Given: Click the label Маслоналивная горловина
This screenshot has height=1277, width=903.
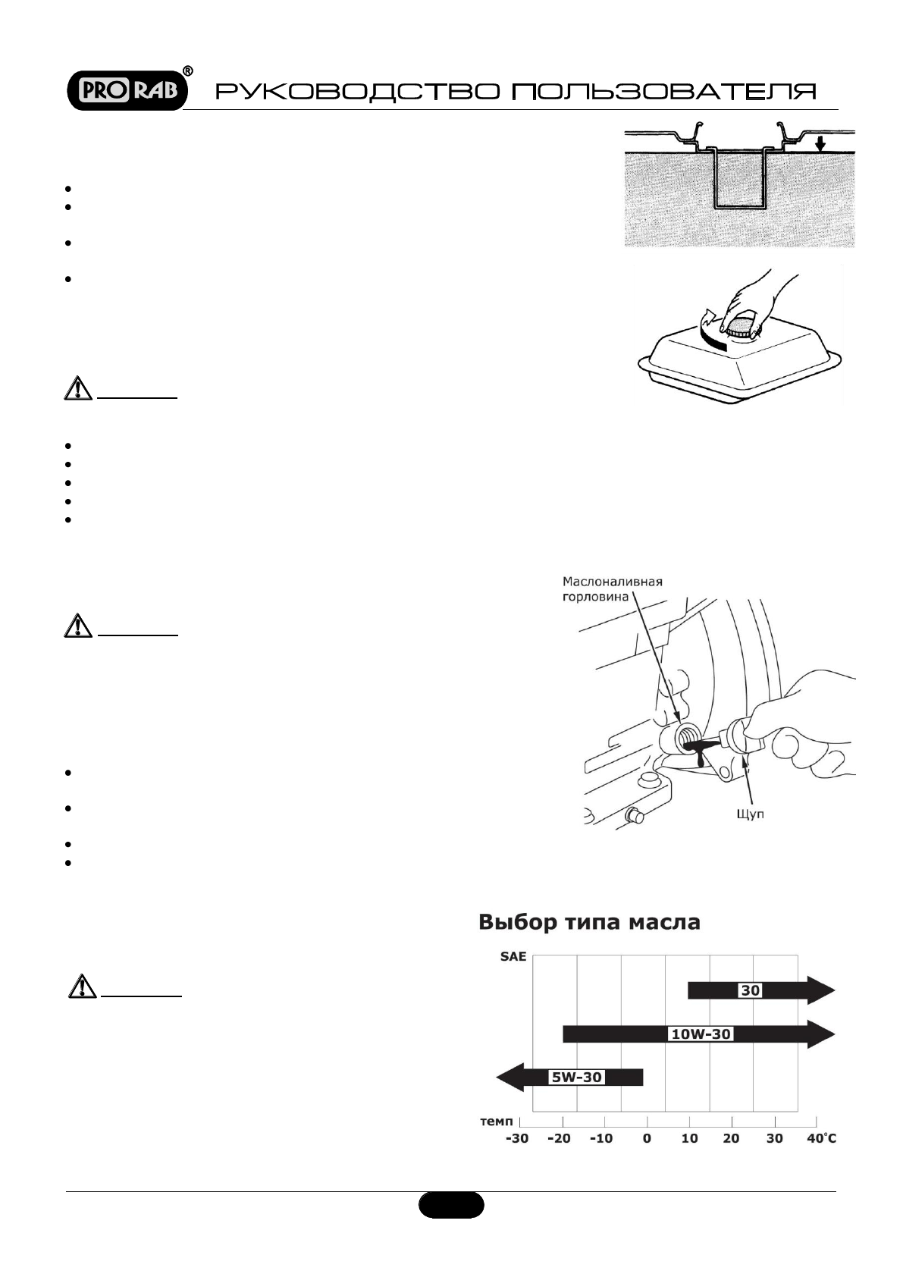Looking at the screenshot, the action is [x=613, y=588].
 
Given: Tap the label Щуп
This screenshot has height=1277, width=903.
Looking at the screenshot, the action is [x=751, y=814].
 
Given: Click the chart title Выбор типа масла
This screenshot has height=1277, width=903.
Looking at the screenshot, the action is [x=589, y=923].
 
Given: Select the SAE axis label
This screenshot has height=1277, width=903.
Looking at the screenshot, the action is [x=513, y=957].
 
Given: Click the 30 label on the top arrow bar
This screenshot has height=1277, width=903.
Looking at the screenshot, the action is [x=750, y=990].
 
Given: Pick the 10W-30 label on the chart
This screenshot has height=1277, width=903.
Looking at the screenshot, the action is [x=701, y=1034].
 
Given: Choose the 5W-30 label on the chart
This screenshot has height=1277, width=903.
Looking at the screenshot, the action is [x=576, y=1077].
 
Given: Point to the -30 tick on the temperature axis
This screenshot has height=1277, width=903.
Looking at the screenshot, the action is [x=517, y=1138].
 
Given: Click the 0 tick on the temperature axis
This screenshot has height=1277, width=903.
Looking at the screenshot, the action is [x=647, y=1138].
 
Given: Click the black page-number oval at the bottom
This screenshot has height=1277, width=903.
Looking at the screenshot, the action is [x=451, y=1205].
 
